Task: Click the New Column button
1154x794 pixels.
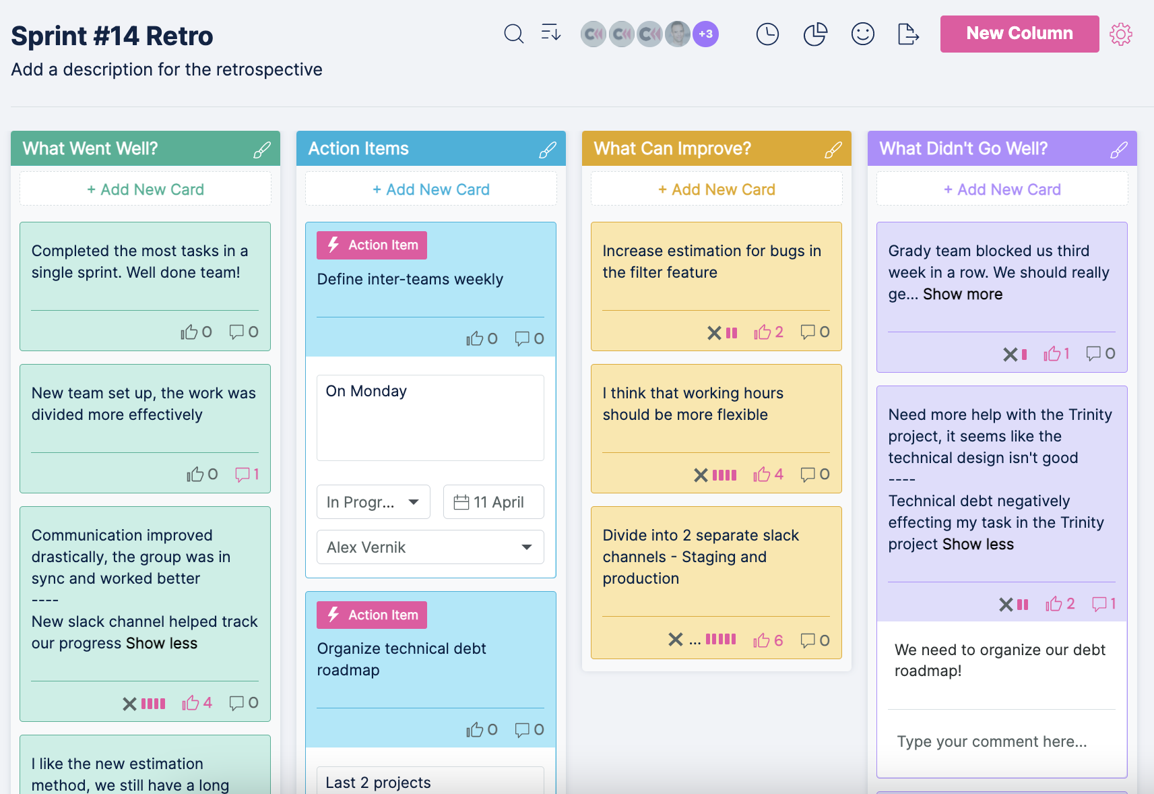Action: pyautogui.click(x=1019, y=34)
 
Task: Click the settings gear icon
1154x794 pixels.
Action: pyautogui.click(x=1121, y=34)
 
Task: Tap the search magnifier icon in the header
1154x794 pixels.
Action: pyautogui.click(x=513, y=34)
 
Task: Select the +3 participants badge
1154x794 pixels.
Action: pyautogui.click(x=705, y=34)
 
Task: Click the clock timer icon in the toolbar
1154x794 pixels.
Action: pyautogui.click(x=767, y=34)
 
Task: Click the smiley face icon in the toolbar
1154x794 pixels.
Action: pyautogui.click(x=862, y=34)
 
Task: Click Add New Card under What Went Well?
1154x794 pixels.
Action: pyautogui.click(x=146, y=189)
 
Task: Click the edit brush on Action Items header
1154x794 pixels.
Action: pyautogui.click(x=548, y=150)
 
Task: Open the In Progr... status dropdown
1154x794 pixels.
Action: pyautogui.click(x=373, y=502)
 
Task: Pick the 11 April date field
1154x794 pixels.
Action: pyautogui.click(x=494, y=502)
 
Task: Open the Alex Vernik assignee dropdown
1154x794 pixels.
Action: pyautogui.click(x=430, y=547)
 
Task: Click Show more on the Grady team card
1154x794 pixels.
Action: pyautogui.click(x=963, y=295)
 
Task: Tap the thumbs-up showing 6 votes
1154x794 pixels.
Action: pyautogui.click(x=762, y=640)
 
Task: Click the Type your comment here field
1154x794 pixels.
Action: pyautogui.click(x=992, y=741)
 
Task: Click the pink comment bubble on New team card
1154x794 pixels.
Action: pyautogui.click(x=243, y=475)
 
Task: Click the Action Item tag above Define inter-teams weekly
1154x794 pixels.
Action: pyautogui.click(x=372, y=245)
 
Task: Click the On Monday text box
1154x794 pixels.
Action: pyautogui.click(x=430, y=418)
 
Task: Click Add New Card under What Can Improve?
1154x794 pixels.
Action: pyautogui.click(x=717, y=189)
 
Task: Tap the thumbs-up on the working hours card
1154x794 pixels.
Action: pyautogui.click(x=762, y=475)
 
